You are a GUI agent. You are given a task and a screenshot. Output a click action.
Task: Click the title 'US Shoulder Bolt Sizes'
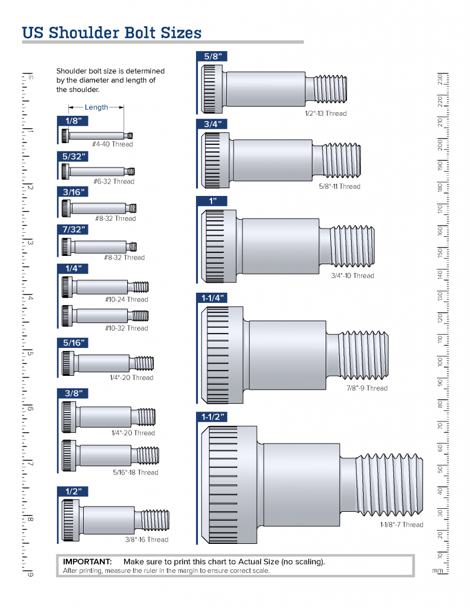(x=112, y=32)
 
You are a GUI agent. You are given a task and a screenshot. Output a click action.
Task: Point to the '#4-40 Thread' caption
(x=112, y=144)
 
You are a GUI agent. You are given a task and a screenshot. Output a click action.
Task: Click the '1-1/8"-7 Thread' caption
(x=402, y=525)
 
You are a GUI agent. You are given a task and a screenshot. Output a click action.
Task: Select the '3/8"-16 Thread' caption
(x=146, y=540)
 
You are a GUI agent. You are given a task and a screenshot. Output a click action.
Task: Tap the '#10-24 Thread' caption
(x=127, y=300)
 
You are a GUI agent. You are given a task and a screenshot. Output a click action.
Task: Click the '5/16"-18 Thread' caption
(x=135, y=473)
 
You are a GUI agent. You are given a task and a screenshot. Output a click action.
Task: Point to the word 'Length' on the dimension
(x=96, y=107)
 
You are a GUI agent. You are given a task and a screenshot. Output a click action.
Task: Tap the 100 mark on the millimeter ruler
(x=440, y=361)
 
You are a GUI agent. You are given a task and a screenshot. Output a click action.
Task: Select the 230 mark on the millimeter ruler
(x=440, y=80)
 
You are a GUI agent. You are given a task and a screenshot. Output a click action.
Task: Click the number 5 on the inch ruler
(x=30, y=353)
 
